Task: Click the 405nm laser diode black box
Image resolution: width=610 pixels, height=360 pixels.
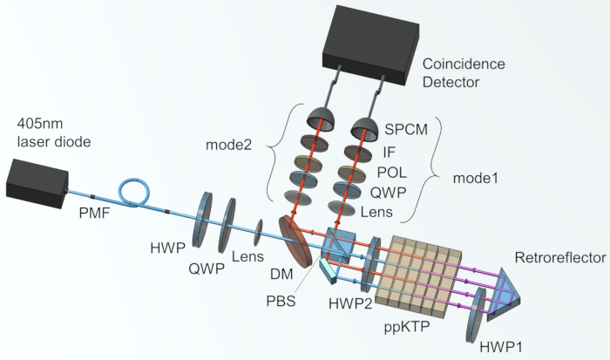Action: tap(37, 183)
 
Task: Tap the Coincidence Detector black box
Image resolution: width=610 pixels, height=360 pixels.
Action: tap(370, 44)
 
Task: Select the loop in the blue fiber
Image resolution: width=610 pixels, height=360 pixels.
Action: tap(134, 191)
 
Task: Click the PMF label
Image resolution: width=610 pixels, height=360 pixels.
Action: tap(94, 213)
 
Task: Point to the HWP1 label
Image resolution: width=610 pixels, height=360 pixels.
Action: tap(501, 347)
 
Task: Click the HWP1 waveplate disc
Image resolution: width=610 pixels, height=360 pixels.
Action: tap(476, 316)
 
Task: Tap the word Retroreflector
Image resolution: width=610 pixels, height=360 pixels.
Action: tap(560, 257)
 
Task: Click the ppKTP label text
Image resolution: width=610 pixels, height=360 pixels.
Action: tap(407, 327)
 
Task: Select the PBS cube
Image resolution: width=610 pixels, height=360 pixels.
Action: tap(338, 244)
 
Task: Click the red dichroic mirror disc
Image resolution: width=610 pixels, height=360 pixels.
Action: tap(295, 241)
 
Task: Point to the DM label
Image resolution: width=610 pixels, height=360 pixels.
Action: tap(281, 274)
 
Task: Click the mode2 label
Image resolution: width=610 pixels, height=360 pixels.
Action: tap(228, 145)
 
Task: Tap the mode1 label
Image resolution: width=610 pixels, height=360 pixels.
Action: tap(476, 178)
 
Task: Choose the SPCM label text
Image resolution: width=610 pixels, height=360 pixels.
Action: tap(406, 129)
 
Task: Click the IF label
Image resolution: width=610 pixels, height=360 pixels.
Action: tap(389, 152)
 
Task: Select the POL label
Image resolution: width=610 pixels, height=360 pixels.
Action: tap(392, 173)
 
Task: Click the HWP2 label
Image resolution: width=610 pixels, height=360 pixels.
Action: tap(350, 303)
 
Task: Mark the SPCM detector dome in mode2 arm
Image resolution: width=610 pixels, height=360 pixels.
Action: tap(321, 118)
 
